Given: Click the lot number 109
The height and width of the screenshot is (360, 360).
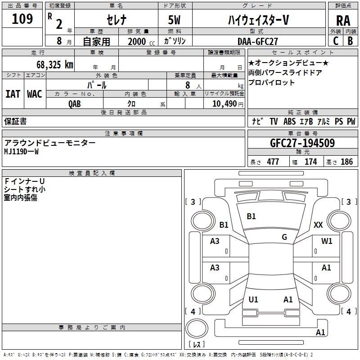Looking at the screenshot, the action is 22,19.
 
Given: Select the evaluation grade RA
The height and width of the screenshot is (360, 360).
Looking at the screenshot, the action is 343,20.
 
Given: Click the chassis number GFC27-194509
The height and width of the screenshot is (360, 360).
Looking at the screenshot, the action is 302,143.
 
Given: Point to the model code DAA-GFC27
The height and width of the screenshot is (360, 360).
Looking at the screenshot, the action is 258,41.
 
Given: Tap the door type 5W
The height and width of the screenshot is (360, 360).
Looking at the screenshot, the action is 175,20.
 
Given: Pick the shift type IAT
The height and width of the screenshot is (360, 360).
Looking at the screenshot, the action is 13,94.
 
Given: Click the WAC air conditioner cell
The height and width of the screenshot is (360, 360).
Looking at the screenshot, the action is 34,94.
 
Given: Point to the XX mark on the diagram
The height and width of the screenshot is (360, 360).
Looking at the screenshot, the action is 318,225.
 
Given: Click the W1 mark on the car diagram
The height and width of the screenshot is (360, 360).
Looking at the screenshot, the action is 327,241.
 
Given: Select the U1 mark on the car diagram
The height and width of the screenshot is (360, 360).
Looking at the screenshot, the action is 253,299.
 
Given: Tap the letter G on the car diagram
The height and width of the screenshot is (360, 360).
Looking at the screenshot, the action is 284,237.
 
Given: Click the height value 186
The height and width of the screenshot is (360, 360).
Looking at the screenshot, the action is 346,162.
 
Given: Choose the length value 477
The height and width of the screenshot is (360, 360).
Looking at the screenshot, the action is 273,162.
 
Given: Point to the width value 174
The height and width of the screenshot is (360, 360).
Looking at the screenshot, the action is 310,162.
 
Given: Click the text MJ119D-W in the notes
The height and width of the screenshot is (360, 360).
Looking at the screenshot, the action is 22,152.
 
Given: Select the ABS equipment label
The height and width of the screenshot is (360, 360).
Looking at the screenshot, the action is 289,121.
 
